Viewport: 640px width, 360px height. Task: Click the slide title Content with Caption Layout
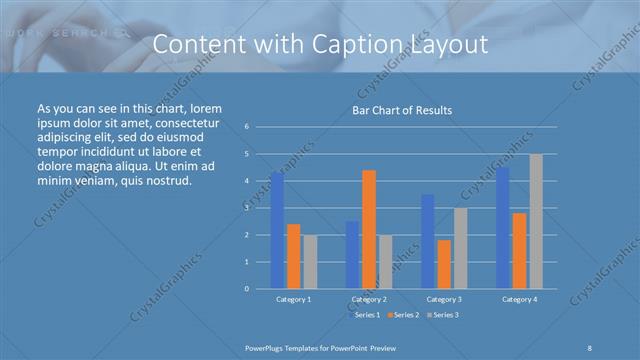pyautogui.click(x=320, y=45)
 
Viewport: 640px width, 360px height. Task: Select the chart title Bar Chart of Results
pyautogui.click(x=402, y=110)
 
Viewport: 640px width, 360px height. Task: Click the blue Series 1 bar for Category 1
pyautogui.click(x=277, y=230)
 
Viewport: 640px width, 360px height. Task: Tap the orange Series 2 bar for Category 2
pyautogui.click(x=369, y=229)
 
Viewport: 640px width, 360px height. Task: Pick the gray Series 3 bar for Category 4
pyautogui.click(x=536, y=221)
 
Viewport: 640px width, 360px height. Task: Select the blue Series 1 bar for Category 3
pyautogui.click(x=428, y=241)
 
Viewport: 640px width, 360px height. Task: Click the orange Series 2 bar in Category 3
pyautogui.click(x=444, y=264)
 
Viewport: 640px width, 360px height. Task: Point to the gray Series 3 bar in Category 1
pyautogui.click(x=310, y=261)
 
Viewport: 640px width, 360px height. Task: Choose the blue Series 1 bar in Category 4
pyautogui.click(x=503, y=227)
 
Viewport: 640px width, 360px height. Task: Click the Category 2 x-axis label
pyautogui.click(x=369, y=299)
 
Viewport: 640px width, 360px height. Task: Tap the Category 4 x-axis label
pyautogui.click(x=519, y=299)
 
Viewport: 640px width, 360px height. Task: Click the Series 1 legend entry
pyautogui.click(x=361, y=315)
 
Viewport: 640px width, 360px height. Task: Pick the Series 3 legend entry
pyautogui.click(x=443, y=315)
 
